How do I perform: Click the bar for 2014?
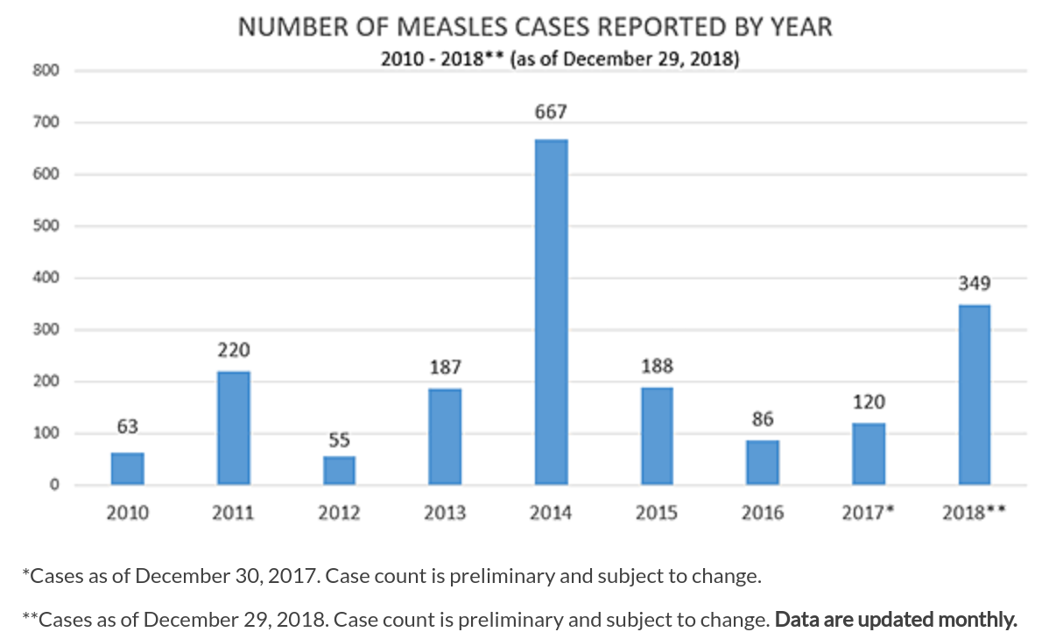(x=551, y=312)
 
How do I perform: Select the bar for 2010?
(x=128, y=469)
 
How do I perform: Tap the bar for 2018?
(x=975, y=395)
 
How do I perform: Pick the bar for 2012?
(x=339, y=471)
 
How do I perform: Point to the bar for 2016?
(x=763, y=463)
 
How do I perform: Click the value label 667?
(x=552, y=112)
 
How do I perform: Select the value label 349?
(x=975, y=284)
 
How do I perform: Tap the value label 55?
(x=339, y=439)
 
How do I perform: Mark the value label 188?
(x=657, y=366)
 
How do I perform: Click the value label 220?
(x=234, y=350)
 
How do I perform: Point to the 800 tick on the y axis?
(x=46, y=72)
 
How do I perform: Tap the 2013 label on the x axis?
(x=445, y=513)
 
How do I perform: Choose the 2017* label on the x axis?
(x=868, y=513)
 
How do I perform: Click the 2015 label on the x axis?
(x=657, y=513)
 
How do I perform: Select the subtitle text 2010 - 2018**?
(x=443, y=60)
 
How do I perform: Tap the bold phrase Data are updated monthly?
(x=896, y=620)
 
